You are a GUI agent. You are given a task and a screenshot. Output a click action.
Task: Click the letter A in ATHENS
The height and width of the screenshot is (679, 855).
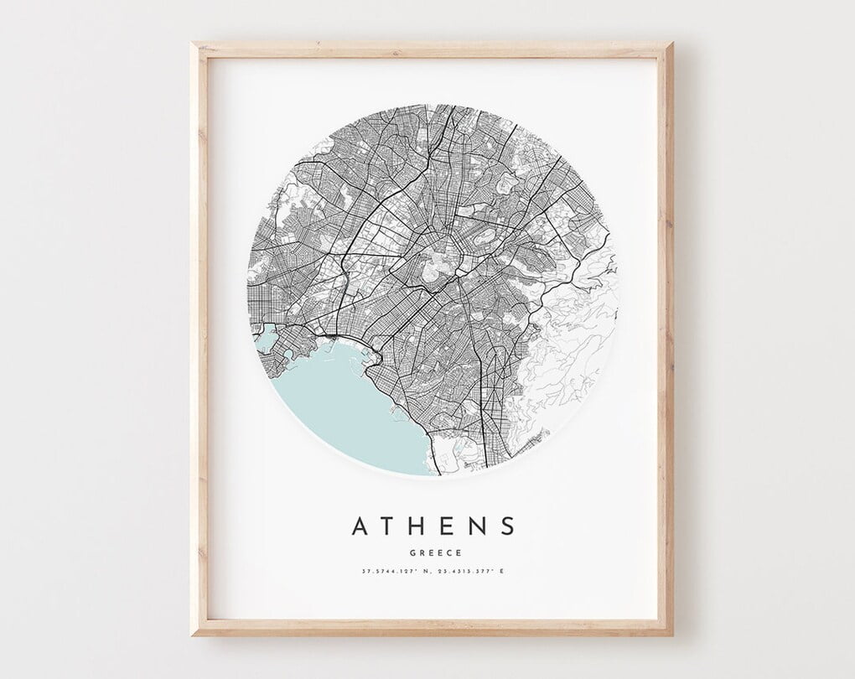coord(361,526)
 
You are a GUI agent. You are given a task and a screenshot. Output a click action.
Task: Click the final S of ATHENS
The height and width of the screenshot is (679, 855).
coord(505,526)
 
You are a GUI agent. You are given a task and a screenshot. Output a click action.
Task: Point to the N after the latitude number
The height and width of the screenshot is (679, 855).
coord(426,572)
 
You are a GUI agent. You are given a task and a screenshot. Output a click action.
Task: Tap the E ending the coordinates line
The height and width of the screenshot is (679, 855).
coord(502,572)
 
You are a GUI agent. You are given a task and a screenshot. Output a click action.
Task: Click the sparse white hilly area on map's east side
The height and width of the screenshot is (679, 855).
coord(578,335)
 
